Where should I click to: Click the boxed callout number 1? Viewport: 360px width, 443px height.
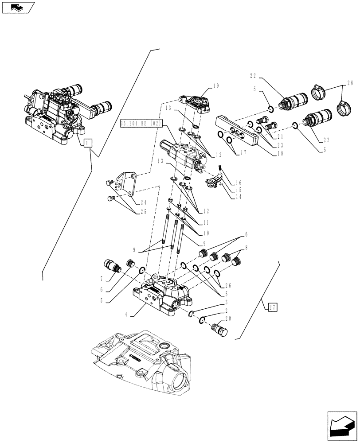pyautogui.click(x=87, y=143)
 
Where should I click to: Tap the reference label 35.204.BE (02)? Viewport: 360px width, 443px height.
pyautogui.click(x=142, y=123)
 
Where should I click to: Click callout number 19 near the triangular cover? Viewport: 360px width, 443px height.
pyautogui.click(x=216, y=86)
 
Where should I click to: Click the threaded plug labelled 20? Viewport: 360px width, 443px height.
pyautogui.click(x=219, y=330)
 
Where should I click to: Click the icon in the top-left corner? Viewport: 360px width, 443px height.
pyautogui.click(x=18, y=7)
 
